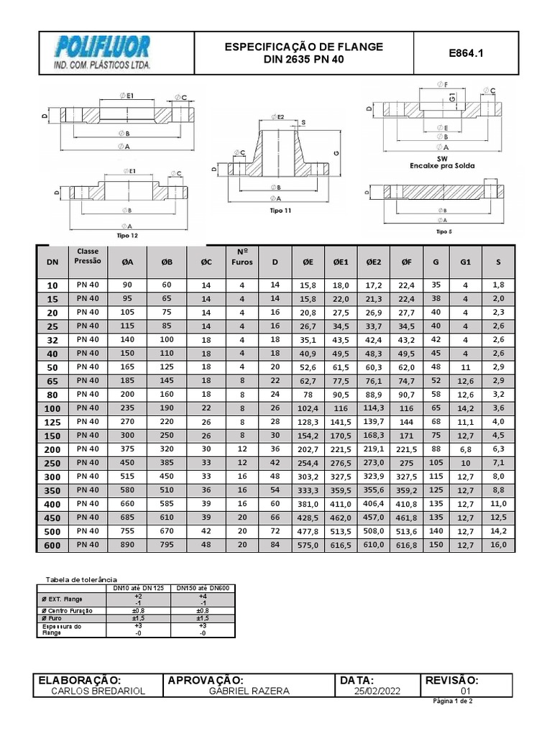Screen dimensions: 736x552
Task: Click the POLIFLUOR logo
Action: (x=104, y=52)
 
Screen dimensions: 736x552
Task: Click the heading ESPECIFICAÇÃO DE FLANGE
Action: (x=304, y=47)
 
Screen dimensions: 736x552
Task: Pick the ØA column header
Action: (x=128, y=263)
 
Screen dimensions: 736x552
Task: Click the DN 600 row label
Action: (x=52, y=545)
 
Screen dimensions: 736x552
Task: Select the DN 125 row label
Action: (x=52, y=421)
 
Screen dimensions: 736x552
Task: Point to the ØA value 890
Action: (x=128, y=545)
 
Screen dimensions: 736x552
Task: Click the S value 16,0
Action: (x=499, y=545)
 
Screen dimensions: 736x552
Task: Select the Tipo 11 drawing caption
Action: (x=280, y=211)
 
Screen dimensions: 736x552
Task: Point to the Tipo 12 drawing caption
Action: (x=126, y=235)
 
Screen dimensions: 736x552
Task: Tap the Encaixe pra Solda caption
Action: (x=443, y=165)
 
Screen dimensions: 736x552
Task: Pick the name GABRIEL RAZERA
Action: (x=249, y=691)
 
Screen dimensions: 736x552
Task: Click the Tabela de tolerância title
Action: (x=81, y=579)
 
